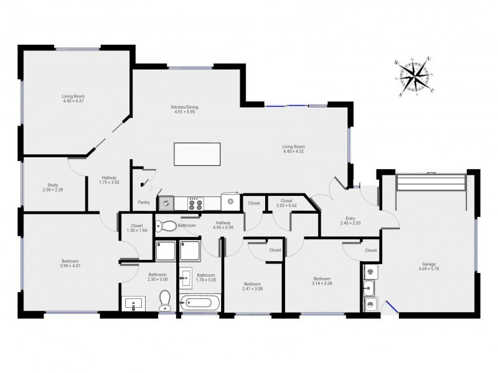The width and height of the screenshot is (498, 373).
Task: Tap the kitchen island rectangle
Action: (197, 154)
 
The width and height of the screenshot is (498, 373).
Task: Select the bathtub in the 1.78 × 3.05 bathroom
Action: (199, 303)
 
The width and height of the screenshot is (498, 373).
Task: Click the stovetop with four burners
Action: (195, 204)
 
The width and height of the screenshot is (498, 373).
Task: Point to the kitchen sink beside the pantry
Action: (166, 203)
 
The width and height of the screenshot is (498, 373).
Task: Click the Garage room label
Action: (429, 264)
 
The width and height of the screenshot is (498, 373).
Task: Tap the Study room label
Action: (53, 185)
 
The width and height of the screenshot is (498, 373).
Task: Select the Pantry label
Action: (144, 203)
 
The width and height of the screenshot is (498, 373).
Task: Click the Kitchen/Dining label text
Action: (184, 107)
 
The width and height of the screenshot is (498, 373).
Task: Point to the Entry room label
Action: (350, 218)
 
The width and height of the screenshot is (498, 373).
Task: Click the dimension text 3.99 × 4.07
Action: (70, 266)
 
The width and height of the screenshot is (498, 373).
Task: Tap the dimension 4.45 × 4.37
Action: (73, 101)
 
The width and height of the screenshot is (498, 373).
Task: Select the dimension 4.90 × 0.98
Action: (223, 227)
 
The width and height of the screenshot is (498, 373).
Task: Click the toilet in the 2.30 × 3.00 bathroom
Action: (165, 300)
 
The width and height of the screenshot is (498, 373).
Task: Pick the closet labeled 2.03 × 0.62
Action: (286, 203)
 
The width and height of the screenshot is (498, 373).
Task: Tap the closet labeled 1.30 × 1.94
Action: (137, 228)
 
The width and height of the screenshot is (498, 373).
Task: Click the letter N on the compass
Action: (428, 58)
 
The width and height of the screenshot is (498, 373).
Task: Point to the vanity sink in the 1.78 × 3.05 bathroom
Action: (186, 278)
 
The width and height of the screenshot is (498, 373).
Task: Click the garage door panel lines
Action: (431, 182)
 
